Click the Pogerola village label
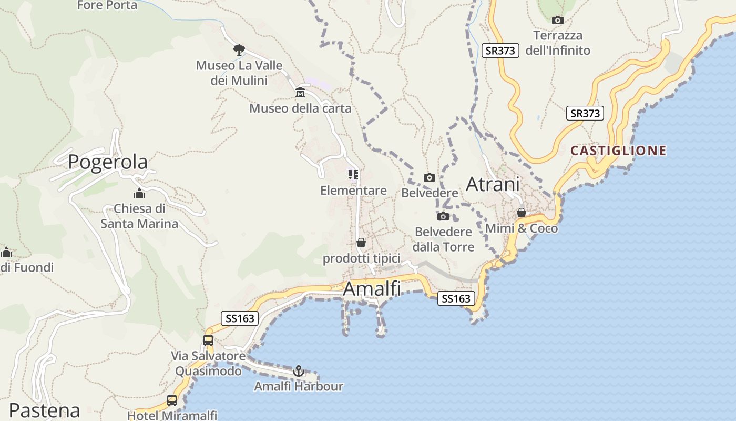[108, 162]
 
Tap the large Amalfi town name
[372, 289]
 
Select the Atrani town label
[493, 185]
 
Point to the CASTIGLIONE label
[618, 151]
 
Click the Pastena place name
[45, 410]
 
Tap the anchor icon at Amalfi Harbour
[299, 372]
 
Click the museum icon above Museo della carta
[300, 93]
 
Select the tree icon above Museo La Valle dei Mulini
[239, 50]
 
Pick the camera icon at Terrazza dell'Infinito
[558, 21]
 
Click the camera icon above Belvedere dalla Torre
[443, 216]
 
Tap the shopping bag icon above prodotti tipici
[361, 243]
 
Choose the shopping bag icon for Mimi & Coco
[522, 213]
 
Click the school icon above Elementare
[353, 175]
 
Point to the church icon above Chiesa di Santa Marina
[139, 193]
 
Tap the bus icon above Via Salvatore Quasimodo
[208, 340]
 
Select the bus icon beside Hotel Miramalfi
[172, 400]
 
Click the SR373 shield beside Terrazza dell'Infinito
[500, 51]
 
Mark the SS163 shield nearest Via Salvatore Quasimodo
[240, 318]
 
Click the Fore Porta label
[107, 5]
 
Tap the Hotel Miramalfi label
[172, 415]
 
